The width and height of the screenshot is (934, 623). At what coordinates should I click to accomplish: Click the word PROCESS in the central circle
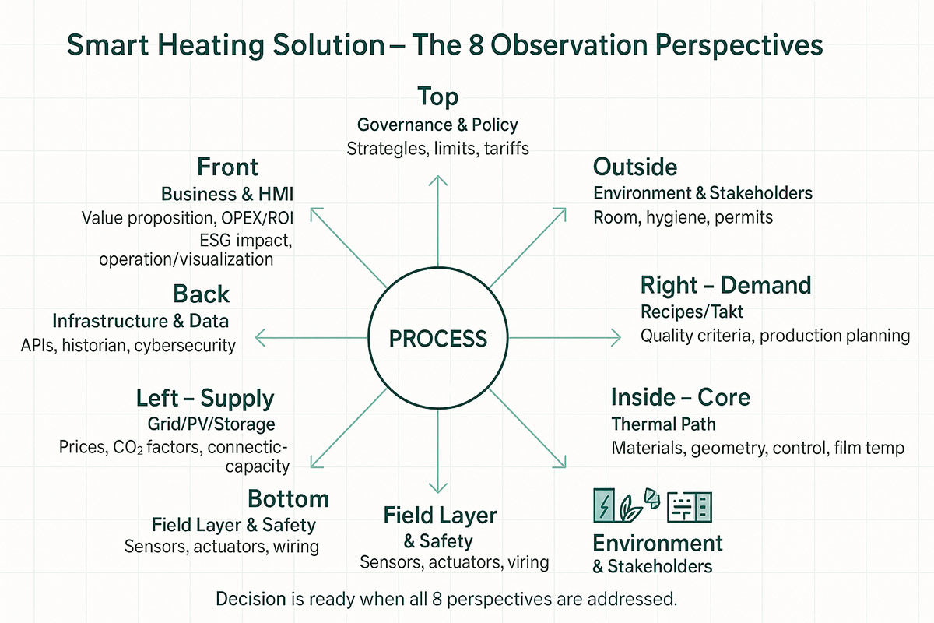click(438, 338)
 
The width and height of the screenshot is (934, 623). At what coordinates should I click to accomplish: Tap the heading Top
click(437, 97)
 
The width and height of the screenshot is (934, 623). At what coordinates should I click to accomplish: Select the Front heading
click(227, 167)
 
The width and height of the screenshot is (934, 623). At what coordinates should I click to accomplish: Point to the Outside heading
click(635, 167)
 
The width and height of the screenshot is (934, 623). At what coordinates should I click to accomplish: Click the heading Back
click(202, 294)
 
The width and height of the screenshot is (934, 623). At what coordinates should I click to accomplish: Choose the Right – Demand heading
click(725, 285)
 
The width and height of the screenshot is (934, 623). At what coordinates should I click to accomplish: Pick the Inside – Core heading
click(680, 397)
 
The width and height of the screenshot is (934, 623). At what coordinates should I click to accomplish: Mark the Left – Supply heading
click(205, 399)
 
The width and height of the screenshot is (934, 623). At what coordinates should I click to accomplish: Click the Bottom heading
click(288, 498)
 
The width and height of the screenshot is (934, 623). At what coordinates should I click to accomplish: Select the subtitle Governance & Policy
click(437, 125)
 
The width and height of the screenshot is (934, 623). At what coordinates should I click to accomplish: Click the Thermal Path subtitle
click(663, 424)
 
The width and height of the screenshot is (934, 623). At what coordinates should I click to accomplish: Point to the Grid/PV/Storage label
click(211, 424)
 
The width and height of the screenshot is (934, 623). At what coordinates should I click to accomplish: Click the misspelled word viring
click(525, 562)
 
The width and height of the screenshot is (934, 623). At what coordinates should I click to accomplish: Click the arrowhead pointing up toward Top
click(438, 181)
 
